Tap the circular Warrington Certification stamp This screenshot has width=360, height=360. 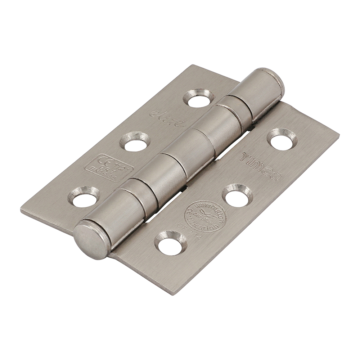click(206, 216)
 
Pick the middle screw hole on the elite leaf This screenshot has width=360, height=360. click(135, 143)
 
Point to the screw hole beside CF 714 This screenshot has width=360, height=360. click(171, 243)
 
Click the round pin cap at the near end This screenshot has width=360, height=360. click(91, 240)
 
